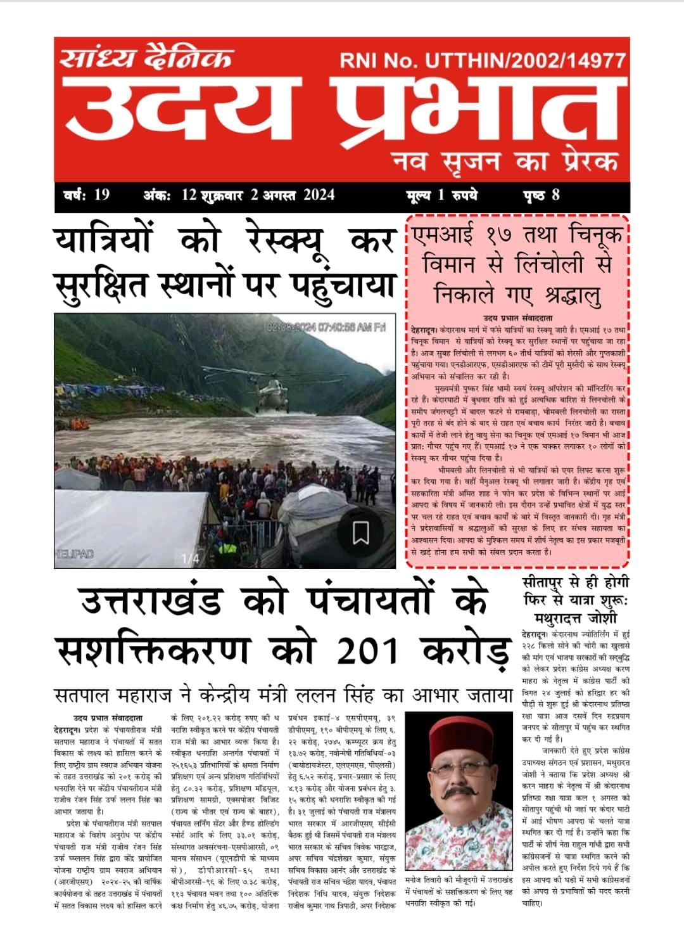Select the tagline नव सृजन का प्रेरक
coord(505,161)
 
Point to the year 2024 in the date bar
coord(318,195)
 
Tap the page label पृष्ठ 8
coord(541,195)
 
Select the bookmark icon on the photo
coord(360,532)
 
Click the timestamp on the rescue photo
coord(326,328)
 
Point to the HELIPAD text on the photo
coord(75,554)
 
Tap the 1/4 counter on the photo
coord(190,558)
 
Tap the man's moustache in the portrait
coord(458,793)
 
